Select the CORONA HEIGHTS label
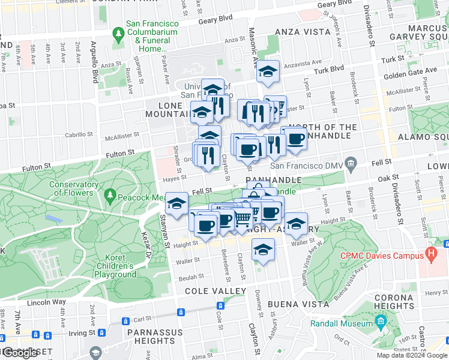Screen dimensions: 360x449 click(x=393, y=302)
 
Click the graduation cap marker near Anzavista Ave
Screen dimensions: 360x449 click(x=268, y=72)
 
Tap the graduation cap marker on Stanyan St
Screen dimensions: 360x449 click(x=176, y=203)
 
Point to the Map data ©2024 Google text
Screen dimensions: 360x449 click(x=412, y=355)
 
